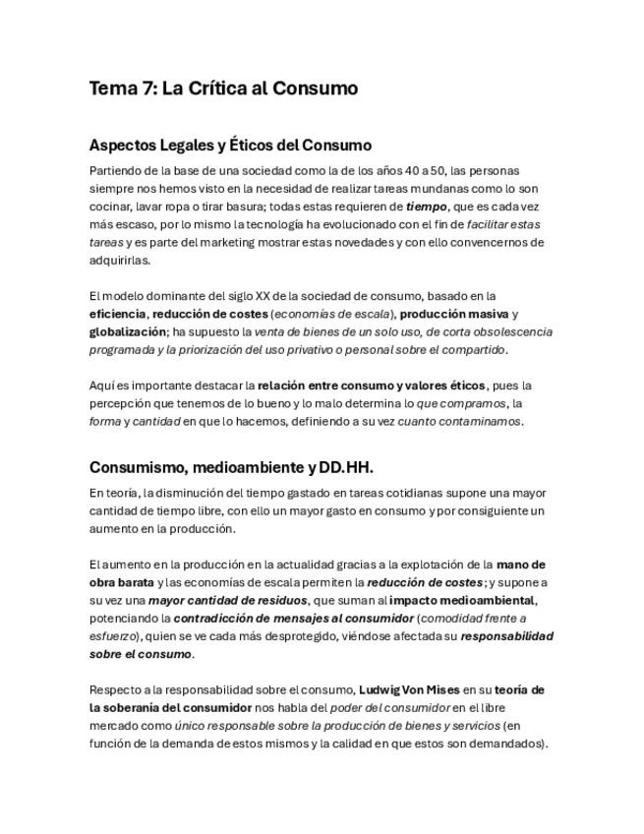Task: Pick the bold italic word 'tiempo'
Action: click(426, 207)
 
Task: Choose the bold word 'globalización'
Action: click(128, 331)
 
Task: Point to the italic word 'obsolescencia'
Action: click(512, 331)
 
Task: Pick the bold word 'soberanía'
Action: click(141, 707)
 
